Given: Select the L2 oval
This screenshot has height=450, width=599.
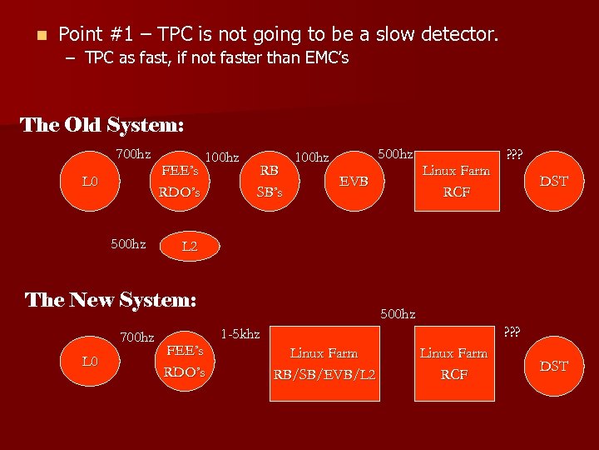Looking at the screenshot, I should [x=189, y=247].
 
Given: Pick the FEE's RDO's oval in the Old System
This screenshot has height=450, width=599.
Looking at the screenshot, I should [x=180, y=182].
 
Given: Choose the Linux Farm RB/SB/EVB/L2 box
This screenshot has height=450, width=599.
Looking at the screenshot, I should [x=324, y=364].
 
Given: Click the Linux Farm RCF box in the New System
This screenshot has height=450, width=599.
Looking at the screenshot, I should [x=454, y=364].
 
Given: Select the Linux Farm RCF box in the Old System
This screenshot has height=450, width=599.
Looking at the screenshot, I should [x=456, y=182].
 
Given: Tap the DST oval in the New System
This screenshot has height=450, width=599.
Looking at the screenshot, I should [x=553, y=366].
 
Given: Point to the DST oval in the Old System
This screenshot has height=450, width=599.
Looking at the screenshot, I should [x=553, y=181].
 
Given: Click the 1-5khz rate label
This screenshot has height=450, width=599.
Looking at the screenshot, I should [x=240, y=334].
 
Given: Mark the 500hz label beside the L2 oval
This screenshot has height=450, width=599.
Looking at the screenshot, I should [x=128, y=245].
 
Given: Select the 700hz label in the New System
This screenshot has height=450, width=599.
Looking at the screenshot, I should [x=137, y=337].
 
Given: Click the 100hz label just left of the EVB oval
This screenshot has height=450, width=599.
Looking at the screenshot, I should [x=312, y=157].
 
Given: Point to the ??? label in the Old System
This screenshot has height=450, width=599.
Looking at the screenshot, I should [x=514, y=155].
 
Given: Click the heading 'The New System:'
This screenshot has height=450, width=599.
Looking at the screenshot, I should [x=111, y=300].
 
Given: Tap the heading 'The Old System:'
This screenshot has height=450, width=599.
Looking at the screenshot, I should [x=101, y=125].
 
